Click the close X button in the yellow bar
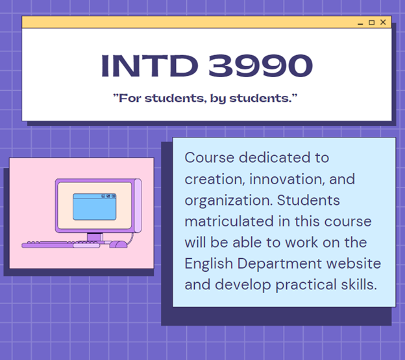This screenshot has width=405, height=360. coord(383,22)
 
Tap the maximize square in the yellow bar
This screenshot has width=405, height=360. coord(371,23)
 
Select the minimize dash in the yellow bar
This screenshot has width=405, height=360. coord(360,24)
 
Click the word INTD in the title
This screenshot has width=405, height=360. coord(149,66)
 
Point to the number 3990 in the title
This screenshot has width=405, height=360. coord(260,66)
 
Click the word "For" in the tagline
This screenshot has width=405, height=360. coord(130,99)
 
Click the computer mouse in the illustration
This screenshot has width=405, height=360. coord(118,244)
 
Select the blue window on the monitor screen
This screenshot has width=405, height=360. coord(95,207)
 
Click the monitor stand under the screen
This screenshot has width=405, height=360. coord(95,237)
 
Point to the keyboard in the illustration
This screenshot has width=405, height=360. coord(61,245)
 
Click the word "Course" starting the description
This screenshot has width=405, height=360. coord(210,158)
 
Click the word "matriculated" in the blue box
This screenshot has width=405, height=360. coord(229,221)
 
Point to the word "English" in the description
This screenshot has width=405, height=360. coord(209,264)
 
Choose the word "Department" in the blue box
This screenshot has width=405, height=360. coord(280,264)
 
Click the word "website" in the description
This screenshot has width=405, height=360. coord(354,263)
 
